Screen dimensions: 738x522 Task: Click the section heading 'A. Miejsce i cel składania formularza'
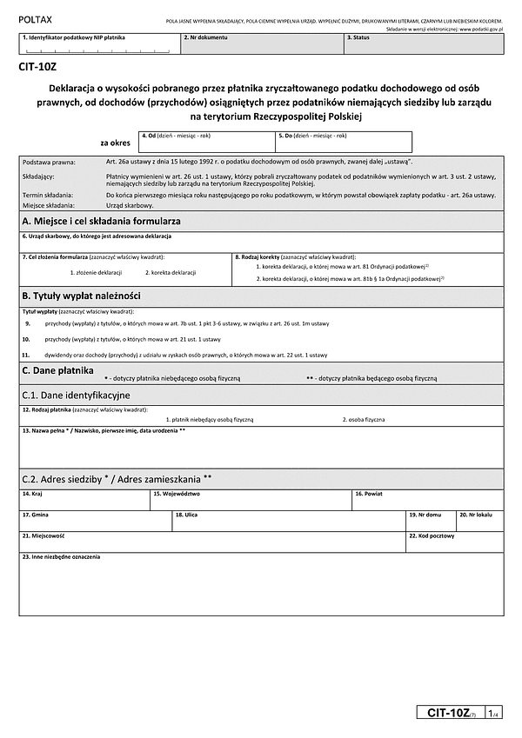pyautogui.click(x=102, y=223)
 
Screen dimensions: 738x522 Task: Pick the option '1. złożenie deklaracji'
pyautogui.click(x=96, y=273)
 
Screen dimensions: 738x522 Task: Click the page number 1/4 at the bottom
pyautogui.click(x=492, y=714)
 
